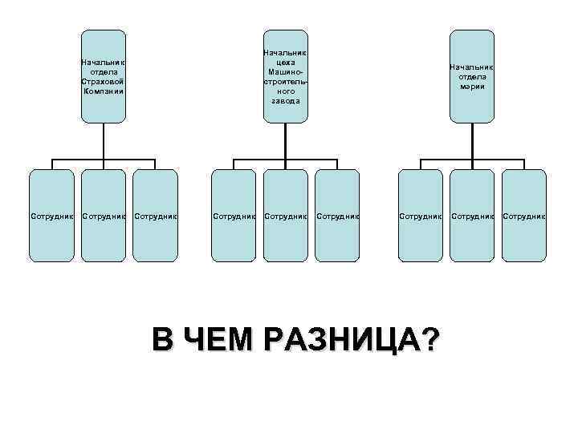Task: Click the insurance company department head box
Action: point(104,76)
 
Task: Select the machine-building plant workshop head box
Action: point(286,76)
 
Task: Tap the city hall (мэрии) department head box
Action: point(471,76)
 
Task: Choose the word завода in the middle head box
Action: point(286,101)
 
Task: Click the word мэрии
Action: point(471,86)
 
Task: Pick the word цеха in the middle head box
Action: point(286,62)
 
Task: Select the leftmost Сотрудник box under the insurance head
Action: point(52,216)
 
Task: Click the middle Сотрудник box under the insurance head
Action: point(104,216)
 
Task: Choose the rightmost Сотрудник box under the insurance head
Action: point(155,216)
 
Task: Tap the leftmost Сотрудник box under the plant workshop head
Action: point(234,216)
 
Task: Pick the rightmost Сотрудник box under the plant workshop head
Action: point(337,216)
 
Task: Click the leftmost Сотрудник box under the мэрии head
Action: point(421,216)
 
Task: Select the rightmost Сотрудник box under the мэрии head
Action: point(523,216)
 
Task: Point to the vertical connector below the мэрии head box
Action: point(471,140)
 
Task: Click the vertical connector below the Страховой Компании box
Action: point(104,140)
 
